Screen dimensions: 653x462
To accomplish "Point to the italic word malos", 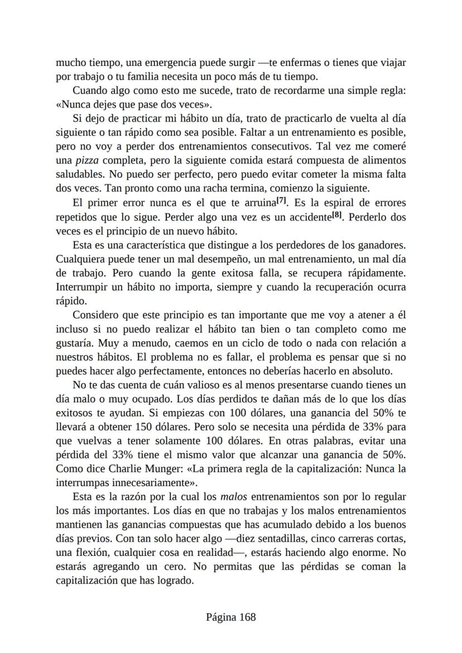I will point(234,496).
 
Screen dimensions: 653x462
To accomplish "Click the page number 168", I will point(247,617).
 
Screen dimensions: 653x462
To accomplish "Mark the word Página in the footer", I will point(221,617).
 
